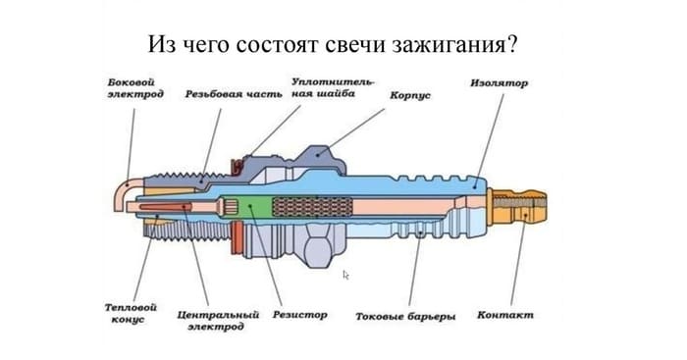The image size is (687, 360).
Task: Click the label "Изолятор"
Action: (499, 83)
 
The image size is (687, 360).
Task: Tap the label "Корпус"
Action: (410, 95)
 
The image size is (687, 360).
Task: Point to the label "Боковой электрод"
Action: (136, 88)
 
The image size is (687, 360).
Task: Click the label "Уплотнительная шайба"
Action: (333, 88)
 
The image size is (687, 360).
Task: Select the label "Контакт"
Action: (505, 315)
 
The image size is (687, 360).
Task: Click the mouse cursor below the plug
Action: (345, 275)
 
